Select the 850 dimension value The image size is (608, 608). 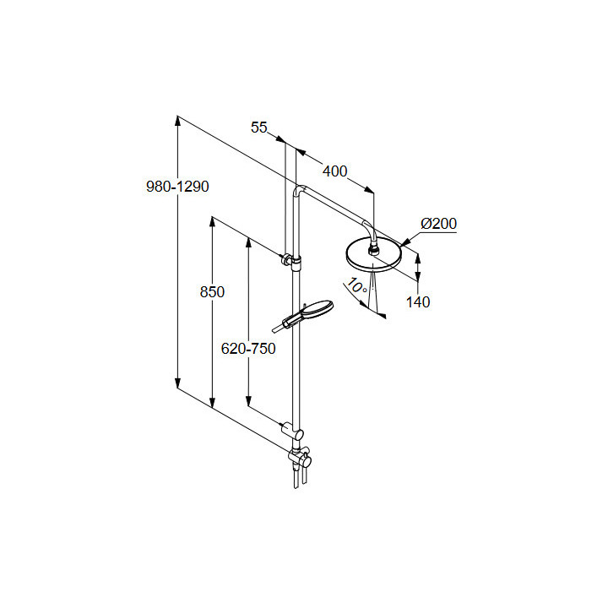212,292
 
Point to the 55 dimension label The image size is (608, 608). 259,128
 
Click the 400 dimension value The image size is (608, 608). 334,171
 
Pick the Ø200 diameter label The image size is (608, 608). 438,224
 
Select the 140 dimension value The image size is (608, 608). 417,301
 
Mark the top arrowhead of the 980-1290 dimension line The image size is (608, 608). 178,119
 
